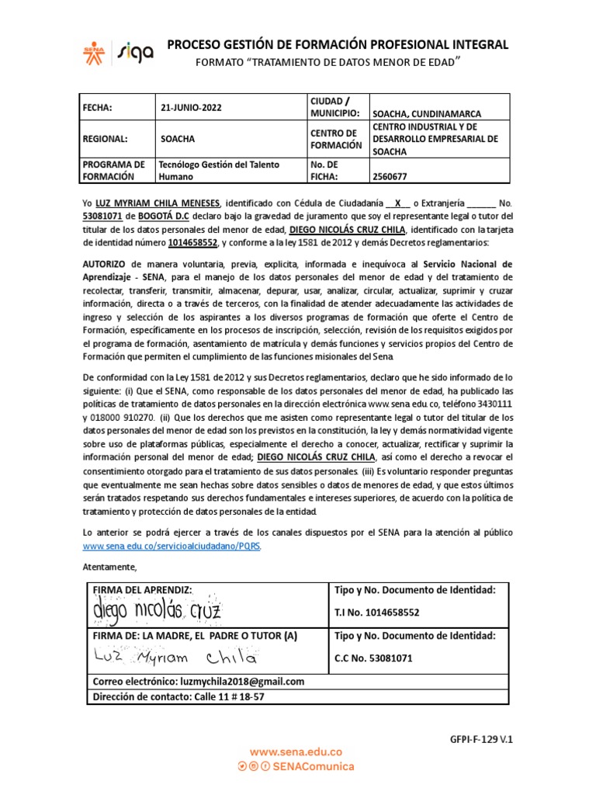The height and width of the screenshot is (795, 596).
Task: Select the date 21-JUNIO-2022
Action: (191, 108)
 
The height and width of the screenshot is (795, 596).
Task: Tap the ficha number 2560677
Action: (392, 176)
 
